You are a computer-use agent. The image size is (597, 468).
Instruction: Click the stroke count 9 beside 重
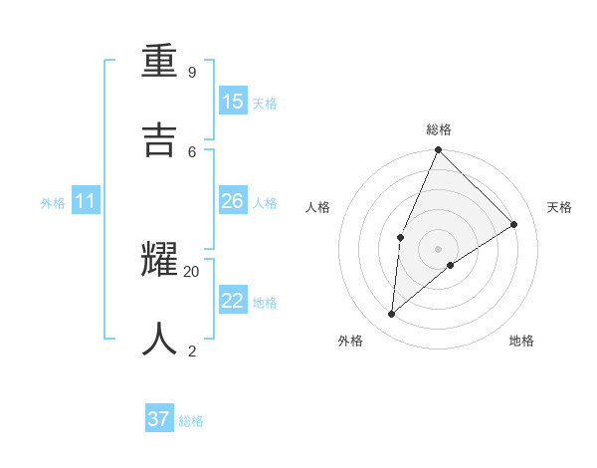192,72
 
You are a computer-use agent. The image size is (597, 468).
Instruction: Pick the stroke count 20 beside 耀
192,271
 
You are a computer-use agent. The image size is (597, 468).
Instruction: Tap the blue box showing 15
233,102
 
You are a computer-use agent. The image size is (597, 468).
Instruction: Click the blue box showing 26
233,201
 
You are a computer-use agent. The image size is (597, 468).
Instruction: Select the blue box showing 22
233,301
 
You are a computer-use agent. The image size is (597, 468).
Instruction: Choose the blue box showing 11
86,201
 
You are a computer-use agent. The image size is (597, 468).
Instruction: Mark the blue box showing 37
159,419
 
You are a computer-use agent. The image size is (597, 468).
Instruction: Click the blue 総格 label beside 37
191,421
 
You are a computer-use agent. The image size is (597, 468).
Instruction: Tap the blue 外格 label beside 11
53,203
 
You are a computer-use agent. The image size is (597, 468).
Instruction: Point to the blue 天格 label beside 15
265,104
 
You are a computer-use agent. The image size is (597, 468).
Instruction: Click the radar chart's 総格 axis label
439,129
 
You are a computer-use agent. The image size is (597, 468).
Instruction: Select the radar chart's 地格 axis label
521,341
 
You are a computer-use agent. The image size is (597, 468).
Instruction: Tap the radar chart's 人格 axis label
318,207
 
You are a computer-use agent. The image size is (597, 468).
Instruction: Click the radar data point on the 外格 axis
392,315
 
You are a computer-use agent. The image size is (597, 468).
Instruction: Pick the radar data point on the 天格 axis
514,224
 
